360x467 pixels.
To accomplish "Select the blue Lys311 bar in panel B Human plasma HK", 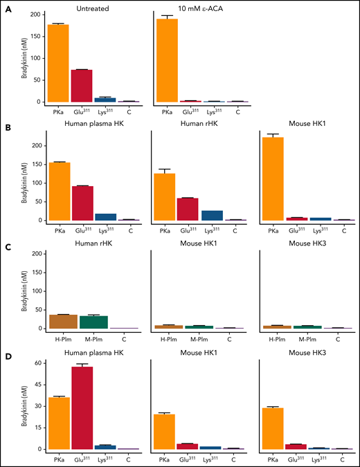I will coord(106,217).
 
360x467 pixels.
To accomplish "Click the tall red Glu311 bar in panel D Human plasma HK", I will coord(82,408).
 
